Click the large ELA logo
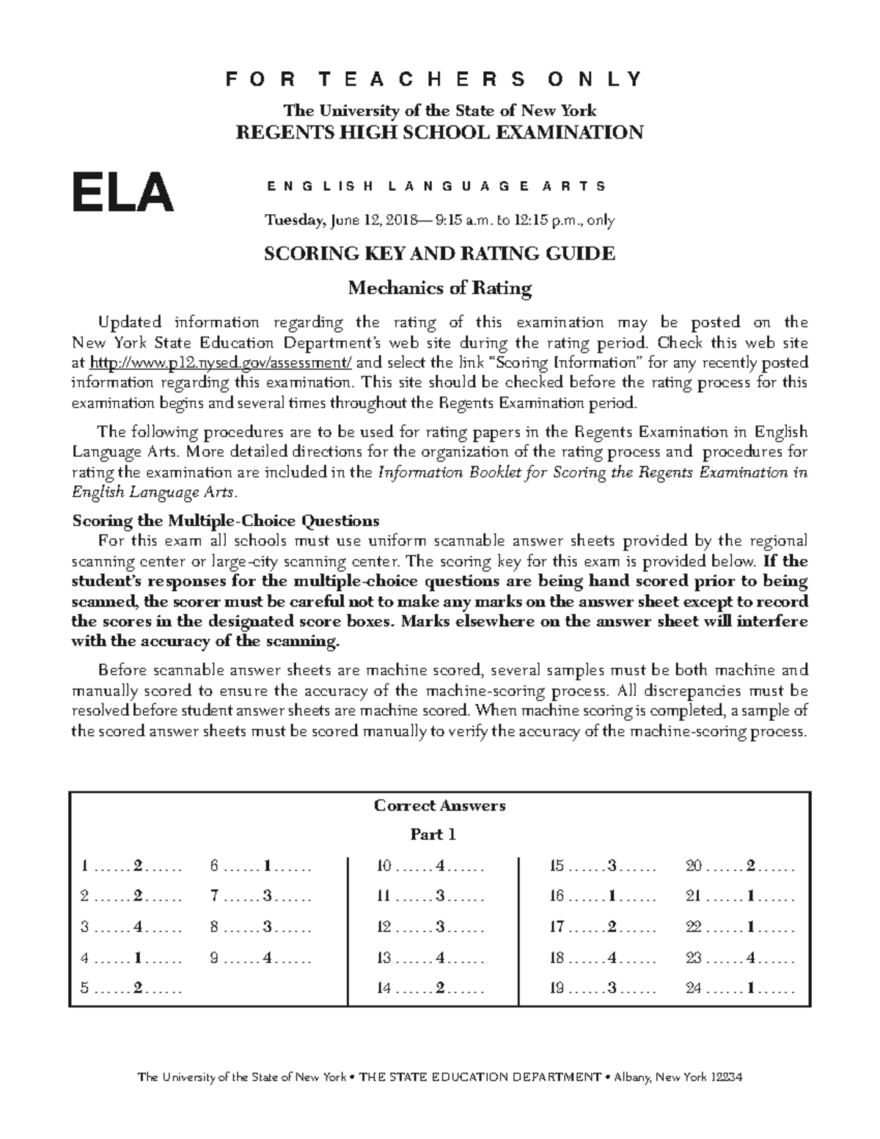[122, 192]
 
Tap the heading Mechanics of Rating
[439, 288]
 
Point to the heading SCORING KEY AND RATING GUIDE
[439, 254]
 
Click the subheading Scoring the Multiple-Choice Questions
[225, 521]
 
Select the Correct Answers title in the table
[439, 805]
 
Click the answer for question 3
[139, 927]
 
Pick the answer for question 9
[268, 957]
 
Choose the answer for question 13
[440, 957]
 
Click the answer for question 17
[612, 927]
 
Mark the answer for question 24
[750, 988]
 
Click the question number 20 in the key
[694, 866]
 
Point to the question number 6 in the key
[214, 866]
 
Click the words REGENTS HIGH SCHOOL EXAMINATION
[439, 132]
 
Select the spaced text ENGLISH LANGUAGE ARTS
[437, 186]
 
